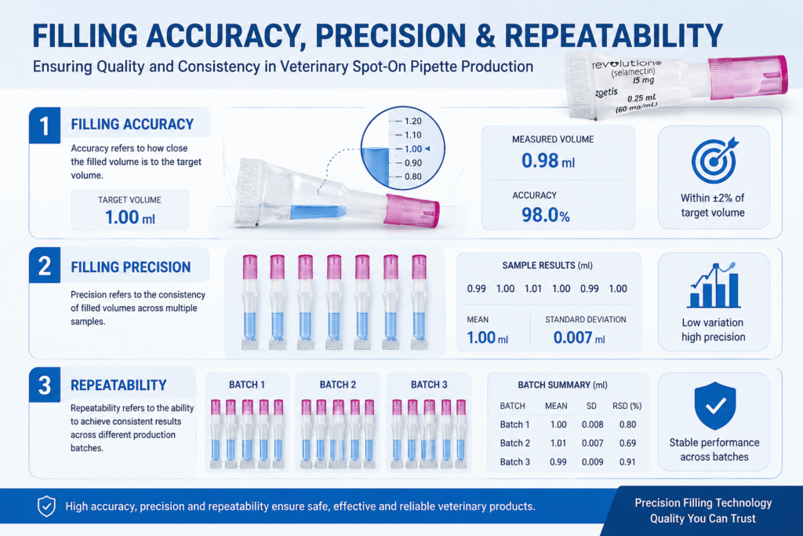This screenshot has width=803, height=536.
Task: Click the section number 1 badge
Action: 45,125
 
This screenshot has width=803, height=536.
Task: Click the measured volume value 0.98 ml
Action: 548,161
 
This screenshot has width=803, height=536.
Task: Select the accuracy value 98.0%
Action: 546,215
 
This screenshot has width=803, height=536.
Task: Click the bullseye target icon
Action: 714,160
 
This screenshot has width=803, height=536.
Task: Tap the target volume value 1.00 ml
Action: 130,217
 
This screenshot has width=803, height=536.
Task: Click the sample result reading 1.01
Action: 533,289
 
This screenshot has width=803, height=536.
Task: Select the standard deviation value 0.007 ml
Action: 580,337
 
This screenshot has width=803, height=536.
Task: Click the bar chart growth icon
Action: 714,286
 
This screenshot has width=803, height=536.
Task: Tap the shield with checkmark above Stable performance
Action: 715,405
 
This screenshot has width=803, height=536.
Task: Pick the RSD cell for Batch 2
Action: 627,443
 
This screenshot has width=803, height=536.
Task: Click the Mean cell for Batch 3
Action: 558,461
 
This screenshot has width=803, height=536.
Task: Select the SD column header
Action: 591,406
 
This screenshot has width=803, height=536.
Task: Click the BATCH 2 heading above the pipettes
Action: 338,385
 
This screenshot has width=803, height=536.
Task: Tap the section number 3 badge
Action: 45,385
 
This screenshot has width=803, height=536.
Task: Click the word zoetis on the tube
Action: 606,93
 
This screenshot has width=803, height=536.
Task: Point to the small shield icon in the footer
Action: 46,506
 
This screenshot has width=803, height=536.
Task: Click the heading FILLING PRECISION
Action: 131,267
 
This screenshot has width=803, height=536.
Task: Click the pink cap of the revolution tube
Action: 748,77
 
